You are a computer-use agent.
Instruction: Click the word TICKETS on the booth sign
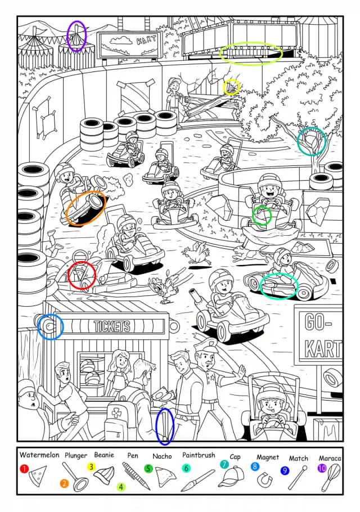(x=111, y=326)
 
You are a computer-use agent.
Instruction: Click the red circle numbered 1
(x=24, y=469)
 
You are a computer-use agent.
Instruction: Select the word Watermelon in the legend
(x=39, y=455)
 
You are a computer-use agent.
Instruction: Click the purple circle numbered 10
(x=322, y=468)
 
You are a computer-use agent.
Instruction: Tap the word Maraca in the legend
(x=330, y=458)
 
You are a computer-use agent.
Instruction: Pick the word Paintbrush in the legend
(x=199, y=455)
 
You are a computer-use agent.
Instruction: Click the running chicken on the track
(x=196, y=253)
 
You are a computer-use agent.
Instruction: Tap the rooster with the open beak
(x=162, y=289)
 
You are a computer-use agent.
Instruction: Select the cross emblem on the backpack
(x=116, y=413)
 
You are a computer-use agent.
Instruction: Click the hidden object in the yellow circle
(x=231, y=87)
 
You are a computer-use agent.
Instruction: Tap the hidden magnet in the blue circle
(x=49, y=326)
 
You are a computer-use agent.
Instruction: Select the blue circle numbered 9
(x=285, y=470)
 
